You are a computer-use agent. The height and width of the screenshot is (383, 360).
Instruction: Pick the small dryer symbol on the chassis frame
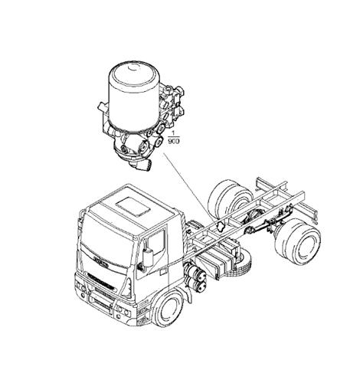(219, 225)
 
